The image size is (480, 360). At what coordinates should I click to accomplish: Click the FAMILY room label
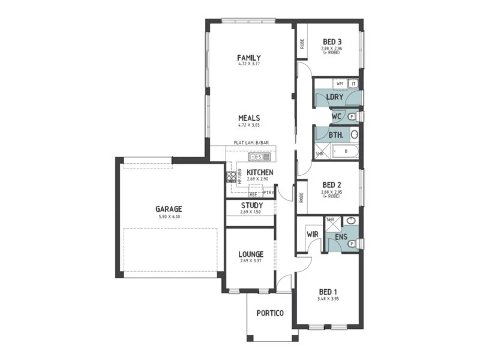(x=248, y=58)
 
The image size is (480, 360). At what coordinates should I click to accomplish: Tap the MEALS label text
(x=248, y=118)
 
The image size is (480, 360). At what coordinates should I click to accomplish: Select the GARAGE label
(x=169, y=209)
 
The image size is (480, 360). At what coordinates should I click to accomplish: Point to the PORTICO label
(x=269, y=313)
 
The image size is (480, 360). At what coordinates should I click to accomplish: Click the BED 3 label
(x=331, y=41)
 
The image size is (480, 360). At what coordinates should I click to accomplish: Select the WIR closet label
(x=311, y=234)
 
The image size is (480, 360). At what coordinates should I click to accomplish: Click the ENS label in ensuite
(x=341, y=237)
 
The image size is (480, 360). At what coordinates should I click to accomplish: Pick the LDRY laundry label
(x=334, y=97)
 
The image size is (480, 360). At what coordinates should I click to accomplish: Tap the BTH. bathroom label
(x=335, y=135)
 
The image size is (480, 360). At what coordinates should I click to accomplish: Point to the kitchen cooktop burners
(x=230, y=177)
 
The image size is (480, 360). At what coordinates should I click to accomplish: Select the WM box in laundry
(x=340, y=83)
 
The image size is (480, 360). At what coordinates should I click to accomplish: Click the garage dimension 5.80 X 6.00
(x=169, y=217)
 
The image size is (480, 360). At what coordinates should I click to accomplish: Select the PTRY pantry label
(x=268, y=193)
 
